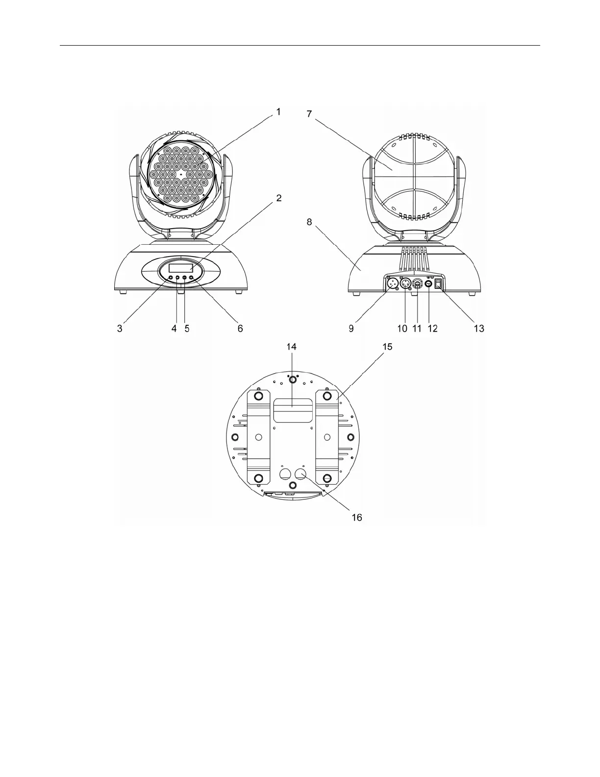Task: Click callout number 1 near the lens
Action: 278,112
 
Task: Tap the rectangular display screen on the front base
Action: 181,268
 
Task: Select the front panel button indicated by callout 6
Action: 191,278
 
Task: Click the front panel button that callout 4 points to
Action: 177,278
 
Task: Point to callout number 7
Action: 309,114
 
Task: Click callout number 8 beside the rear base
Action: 309,222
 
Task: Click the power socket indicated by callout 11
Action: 417,284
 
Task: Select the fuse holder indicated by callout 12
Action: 429,284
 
